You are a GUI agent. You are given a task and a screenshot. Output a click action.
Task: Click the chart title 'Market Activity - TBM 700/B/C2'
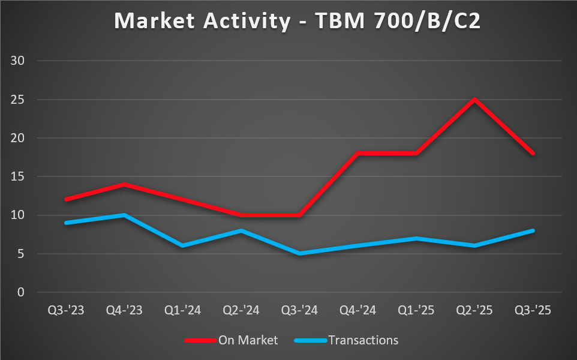(x=288, y=21)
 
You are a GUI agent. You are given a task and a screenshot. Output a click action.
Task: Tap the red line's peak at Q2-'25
(x=474, y=100)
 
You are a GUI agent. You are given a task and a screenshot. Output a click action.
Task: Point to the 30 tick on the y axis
(x=22, y=61)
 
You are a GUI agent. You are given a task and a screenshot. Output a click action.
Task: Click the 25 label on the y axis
(x=22, y=100)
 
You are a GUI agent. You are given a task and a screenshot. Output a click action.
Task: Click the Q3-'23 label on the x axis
(x=66, y=311)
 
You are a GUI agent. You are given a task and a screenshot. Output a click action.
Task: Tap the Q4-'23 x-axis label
(x=124, y=311)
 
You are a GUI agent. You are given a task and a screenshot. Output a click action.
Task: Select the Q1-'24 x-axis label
(x=182, y=311)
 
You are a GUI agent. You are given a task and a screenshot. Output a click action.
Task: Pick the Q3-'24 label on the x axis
(x=299, y=311)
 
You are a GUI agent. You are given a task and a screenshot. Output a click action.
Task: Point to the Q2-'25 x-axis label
(x=474, y=311)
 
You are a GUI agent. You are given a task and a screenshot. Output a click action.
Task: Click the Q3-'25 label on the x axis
(x=533, y=311)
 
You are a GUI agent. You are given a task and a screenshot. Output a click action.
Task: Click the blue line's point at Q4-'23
(x=124, y=215)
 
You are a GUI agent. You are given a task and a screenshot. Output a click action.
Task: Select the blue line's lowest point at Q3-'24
(x=299, y=253)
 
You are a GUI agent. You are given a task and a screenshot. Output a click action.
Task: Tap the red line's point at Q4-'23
(x=124, y=184)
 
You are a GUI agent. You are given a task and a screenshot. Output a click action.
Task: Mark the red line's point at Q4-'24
(x=357, y=154)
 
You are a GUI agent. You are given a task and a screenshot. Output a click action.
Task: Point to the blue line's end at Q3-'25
(x=533, y=230)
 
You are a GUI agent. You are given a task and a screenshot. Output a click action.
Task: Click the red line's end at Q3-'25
(x=533, y=154)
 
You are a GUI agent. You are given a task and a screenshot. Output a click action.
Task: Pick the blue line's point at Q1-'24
(x=182, y=245)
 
